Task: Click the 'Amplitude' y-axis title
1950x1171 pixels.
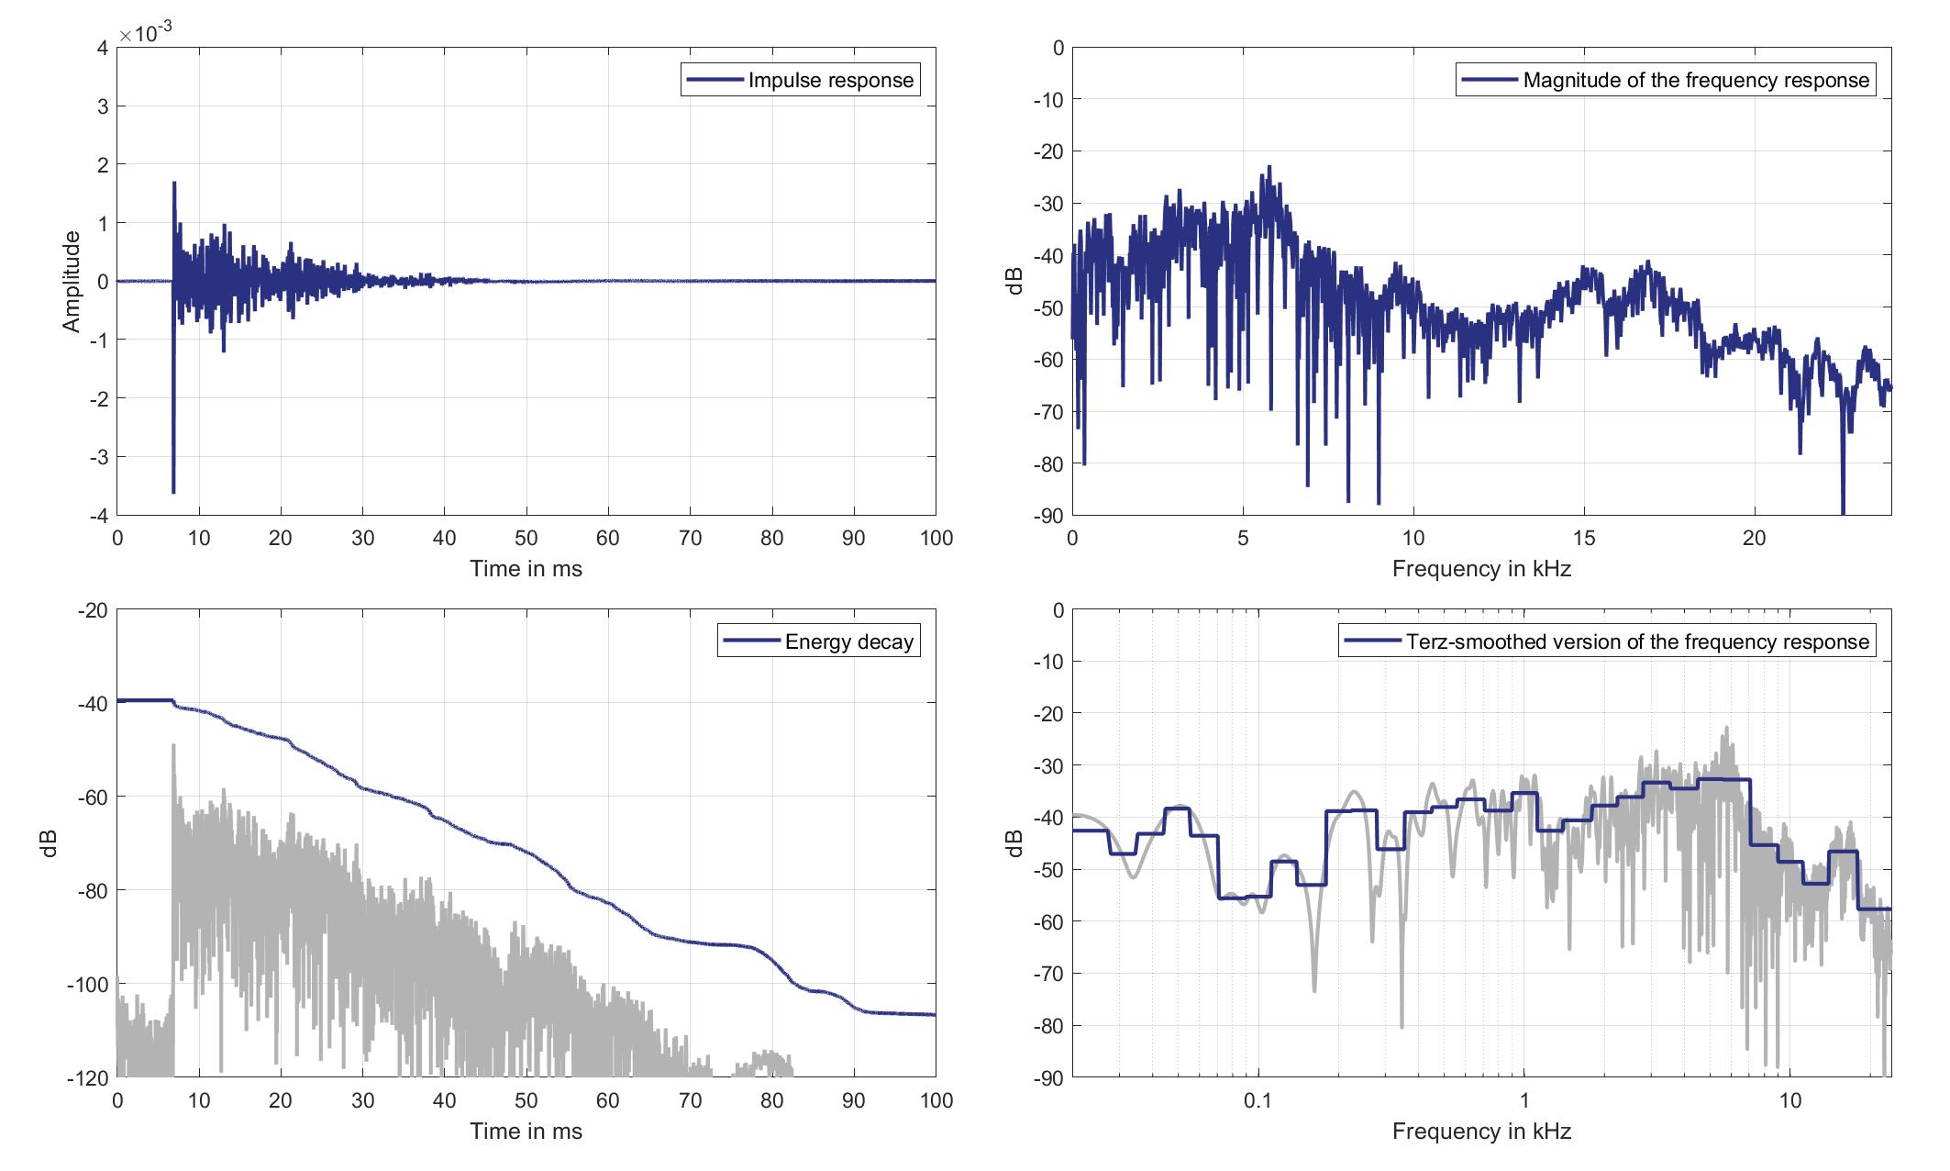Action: point(72,282)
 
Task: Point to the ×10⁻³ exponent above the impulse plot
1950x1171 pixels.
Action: point(147,34)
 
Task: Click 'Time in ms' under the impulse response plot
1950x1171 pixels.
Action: point(526,569)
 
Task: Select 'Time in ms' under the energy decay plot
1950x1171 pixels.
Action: point(526,1132)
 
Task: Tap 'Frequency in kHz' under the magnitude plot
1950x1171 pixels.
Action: point(1481,569)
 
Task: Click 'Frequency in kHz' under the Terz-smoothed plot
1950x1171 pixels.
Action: point(1481,1132)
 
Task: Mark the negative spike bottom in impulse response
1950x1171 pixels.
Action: point(173,493)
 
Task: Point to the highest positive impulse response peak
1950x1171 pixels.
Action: point(174,183)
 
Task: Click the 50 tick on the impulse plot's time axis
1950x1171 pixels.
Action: point(526,539)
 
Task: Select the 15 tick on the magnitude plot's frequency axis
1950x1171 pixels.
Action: point(1584,539)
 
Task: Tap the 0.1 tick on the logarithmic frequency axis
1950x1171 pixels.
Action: point(1258,1100)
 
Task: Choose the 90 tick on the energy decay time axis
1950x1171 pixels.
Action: point(854,1100)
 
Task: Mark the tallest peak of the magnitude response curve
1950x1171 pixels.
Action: point(1269,166)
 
